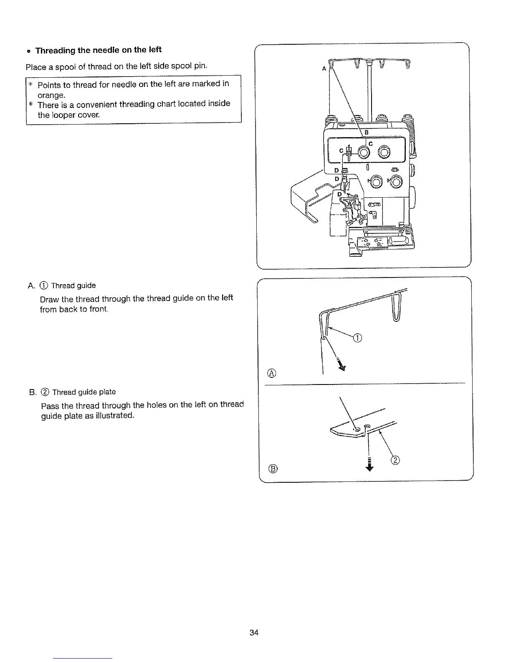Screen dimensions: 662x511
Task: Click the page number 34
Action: (x=254, y=632)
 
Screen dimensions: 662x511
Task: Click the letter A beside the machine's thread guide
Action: (x=324, y=69)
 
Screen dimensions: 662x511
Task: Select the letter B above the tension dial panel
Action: (x=367, y=133)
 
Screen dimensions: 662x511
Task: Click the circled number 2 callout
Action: (x=396, y=461)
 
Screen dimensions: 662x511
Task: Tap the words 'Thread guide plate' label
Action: (x=84, y=392)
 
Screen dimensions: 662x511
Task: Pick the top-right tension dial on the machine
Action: (x=384, y=153)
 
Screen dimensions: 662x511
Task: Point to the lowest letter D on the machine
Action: (x=340, y=194)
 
